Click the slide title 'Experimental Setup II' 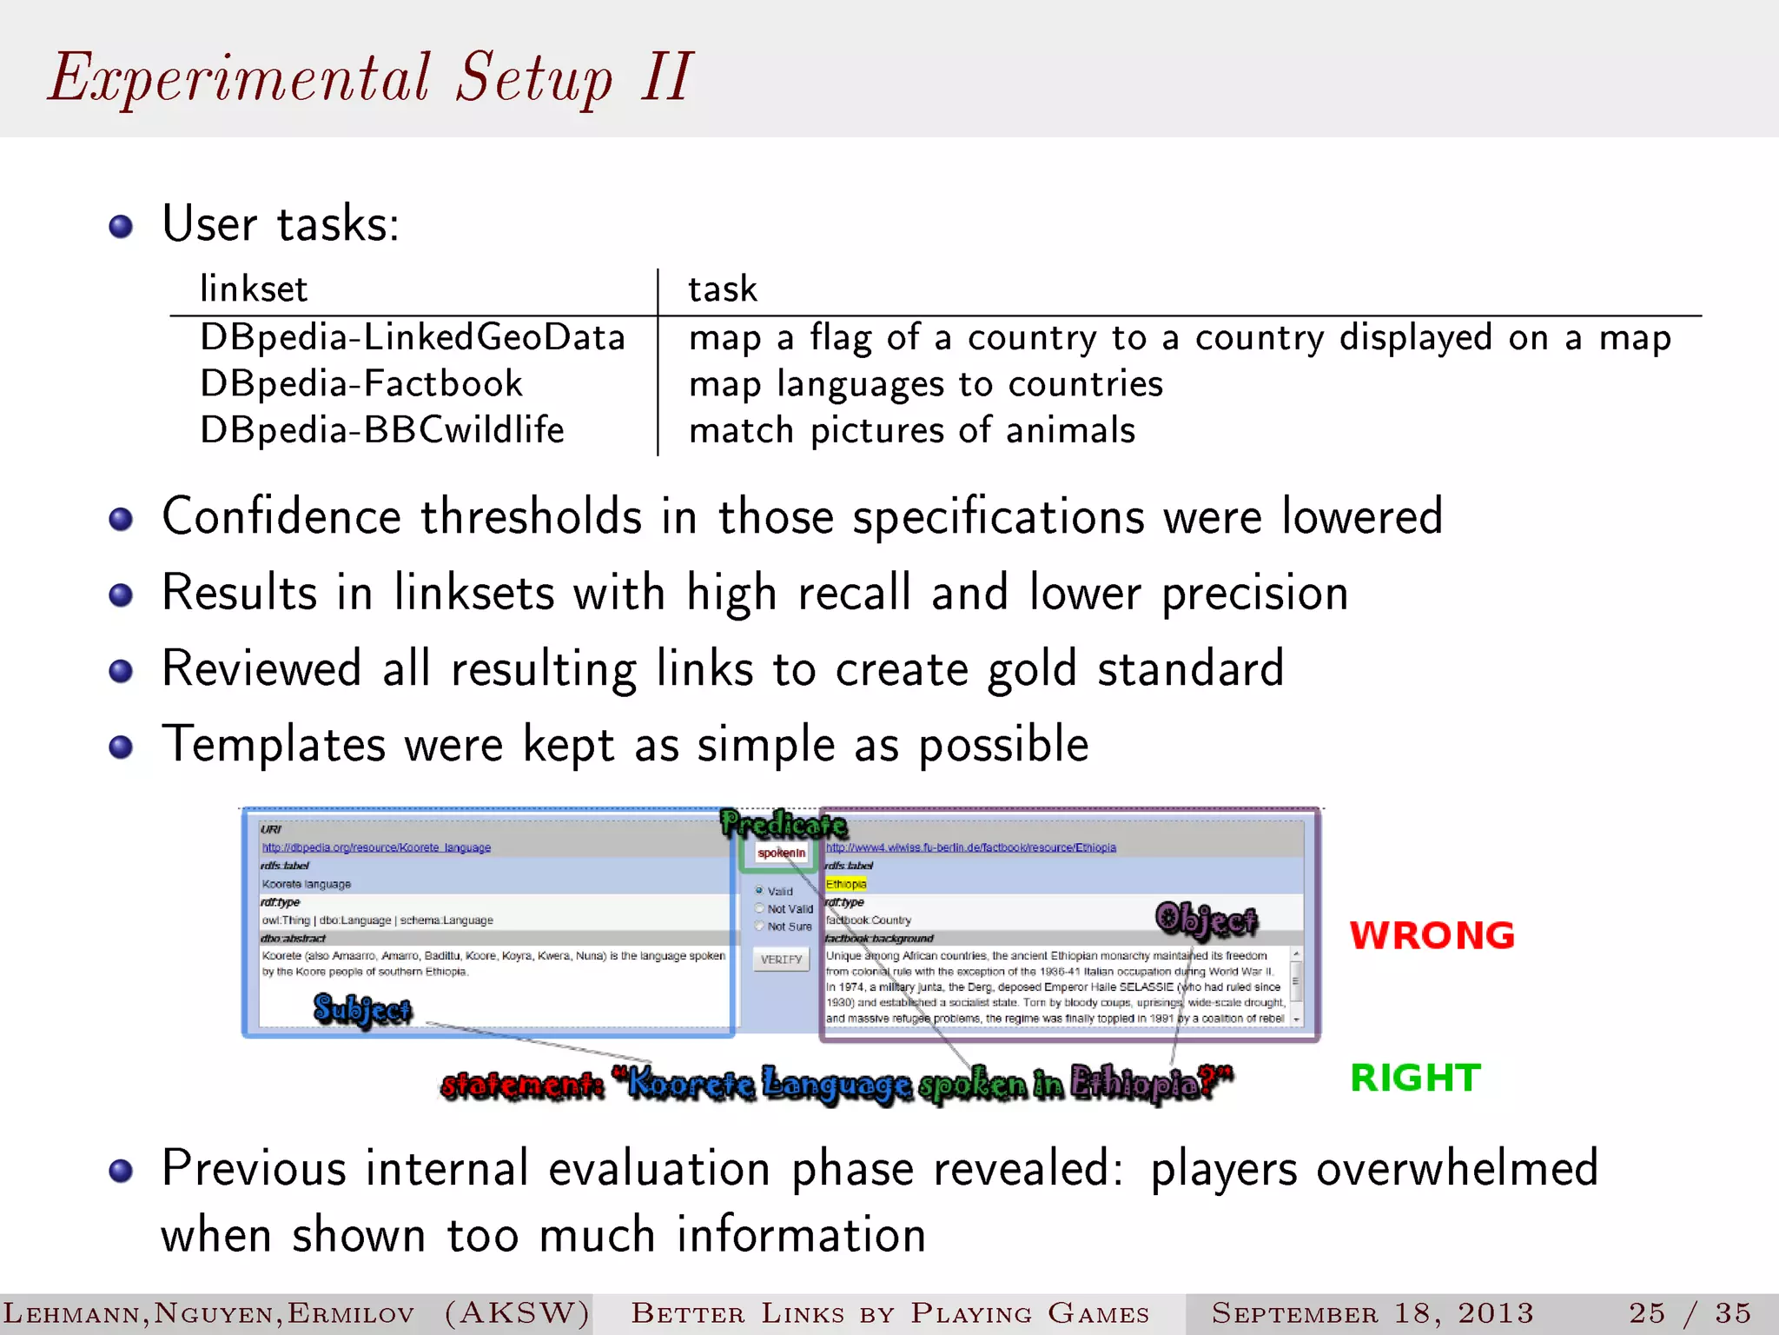[370, 78]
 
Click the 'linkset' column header [254, 289]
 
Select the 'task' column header [723, 289]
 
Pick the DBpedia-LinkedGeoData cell [413, 338]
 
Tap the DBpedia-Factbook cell [361, 384]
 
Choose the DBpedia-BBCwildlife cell [382, 430]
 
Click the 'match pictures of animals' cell [912, 430]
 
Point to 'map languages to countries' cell [926, 384]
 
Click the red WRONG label [1432, 936]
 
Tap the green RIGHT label [1415, 1079]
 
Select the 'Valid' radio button [759, 891]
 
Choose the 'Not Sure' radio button [759, 927]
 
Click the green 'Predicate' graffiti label [784, 823]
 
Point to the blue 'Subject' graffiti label [362, 1010]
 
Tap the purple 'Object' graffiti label [1207, 920]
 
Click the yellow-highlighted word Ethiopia [846, 884]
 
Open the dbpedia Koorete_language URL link [376, 847]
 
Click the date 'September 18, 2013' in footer [1372, 1313]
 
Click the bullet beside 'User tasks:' [121, 227]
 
